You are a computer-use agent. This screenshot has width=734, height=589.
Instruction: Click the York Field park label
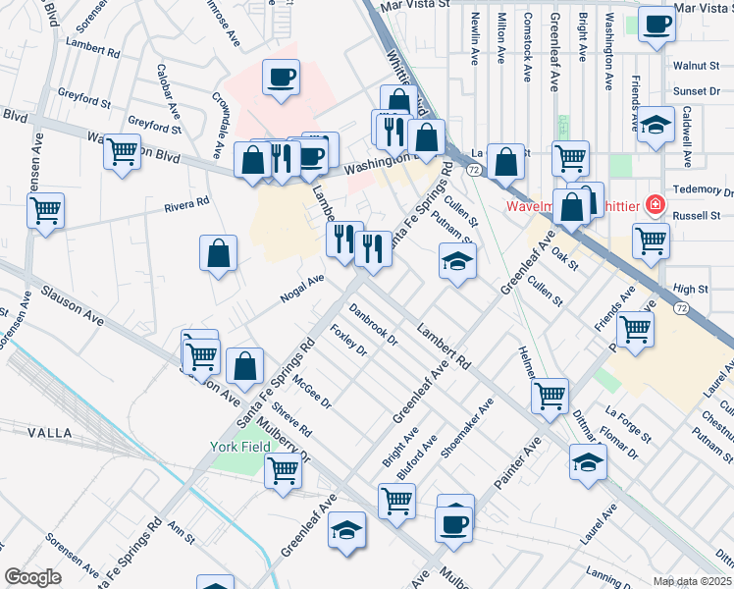pos(238,447)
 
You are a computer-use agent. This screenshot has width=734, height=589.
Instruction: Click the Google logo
pos(32,576)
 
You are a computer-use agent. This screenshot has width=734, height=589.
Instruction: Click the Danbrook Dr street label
pos(374,327)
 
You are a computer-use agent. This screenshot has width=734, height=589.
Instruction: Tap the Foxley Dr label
pos(348,340)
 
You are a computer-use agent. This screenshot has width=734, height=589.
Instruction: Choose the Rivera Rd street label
pos(187,203)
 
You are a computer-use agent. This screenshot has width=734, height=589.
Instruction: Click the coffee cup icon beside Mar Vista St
pos(656,25)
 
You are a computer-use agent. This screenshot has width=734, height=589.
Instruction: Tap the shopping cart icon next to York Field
pos(283,470)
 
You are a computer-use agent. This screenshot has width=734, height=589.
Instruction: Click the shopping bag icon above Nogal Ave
pos(218,254)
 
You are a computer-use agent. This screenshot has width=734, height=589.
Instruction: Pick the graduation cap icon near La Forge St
pos(588,462)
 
